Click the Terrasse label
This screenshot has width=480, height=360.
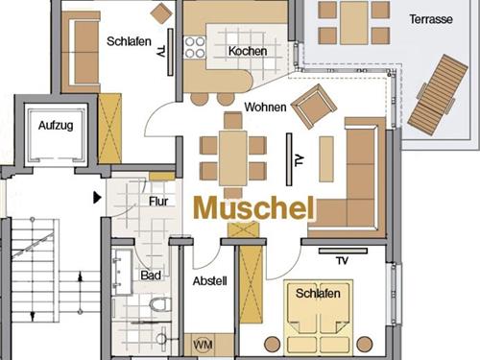[x=431, y=19]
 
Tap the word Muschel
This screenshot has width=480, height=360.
[x=254, y=208]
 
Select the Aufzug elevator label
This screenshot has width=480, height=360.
[x=56, y=126]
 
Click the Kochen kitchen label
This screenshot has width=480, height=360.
[x=248, y=51]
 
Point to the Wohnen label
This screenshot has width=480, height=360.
[x=265, y=107]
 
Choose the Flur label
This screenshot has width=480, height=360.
[x=158, y=202]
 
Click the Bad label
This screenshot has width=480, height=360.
[x=151, y=276]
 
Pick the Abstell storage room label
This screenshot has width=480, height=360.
[x=210, y=281]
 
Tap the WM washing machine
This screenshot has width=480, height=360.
[x=203, y=345]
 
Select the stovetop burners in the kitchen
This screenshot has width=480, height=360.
[x=195, y=47]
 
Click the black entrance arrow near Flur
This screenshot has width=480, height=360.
[x=97, y=198]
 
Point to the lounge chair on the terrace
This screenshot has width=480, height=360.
[x=438, y=94]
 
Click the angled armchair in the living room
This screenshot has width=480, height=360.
[x=314, y=107]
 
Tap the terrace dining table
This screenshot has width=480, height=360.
[x=354, y=22]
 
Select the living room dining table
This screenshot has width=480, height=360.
[x=233, y=158]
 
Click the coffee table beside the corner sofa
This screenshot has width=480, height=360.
[x=326, y=159]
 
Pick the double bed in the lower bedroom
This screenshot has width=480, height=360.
[x=319, y=318]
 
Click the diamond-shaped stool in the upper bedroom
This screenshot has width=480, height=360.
[x=161, y=13]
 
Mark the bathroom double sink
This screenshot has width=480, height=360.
[x=122, y=272]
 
